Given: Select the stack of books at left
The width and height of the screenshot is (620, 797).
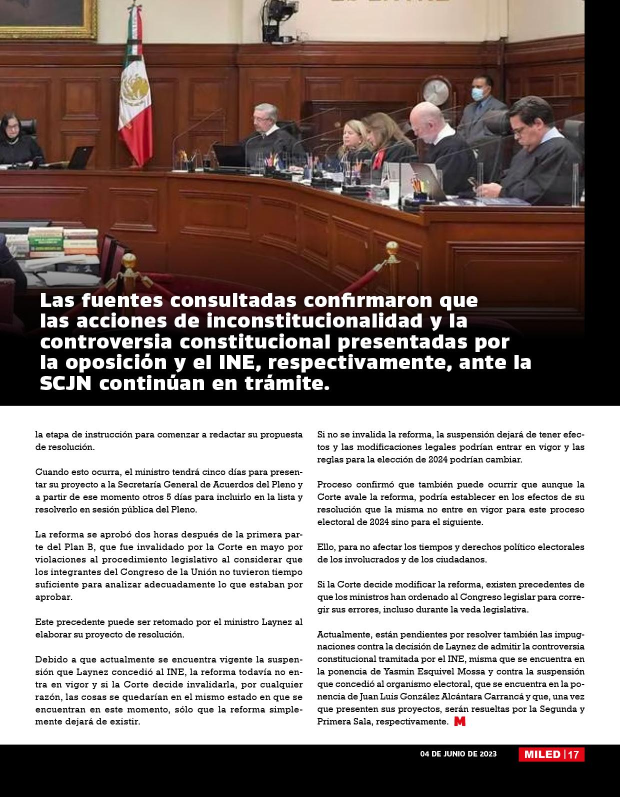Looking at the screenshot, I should click(63, 242).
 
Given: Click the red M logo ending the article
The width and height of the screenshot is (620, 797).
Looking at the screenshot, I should click(459, 721).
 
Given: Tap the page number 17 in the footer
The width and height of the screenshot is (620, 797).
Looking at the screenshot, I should click(573, 754).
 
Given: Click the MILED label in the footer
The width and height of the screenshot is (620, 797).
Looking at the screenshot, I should click(542, 754).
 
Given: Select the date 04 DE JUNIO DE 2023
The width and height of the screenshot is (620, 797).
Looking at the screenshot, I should click(458, 754).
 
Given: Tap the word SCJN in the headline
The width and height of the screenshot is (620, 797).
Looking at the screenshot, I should click(65, 383).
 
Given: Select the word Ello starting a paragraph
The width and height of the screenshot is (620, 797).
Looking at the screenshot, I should click(325, 547).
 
